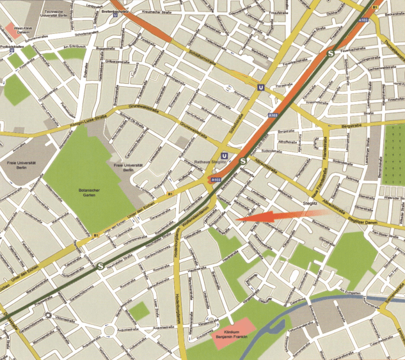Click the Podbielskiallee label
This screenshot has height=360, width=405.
click(x=12, y=47)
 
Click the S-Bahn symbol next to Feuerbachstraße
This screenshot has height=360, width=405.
click(x=331, y=54)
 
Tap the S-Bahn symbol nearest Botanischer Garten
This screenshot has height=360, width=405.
click(x=100, y=265)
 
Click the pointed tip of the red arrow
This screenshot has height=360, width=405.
click(x=237, y=219)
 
